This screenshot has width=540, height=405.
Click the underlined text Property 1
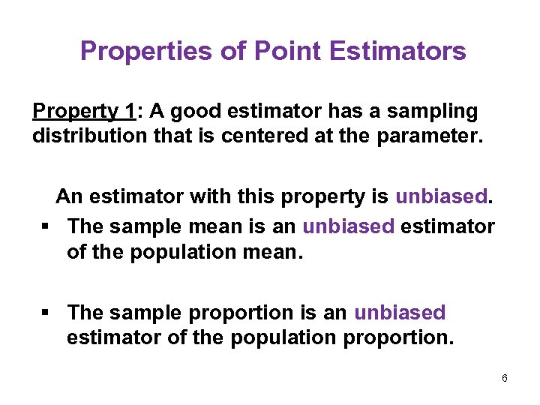point(83,112)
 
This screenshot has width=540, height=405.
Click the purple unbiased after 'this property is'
point(441,197)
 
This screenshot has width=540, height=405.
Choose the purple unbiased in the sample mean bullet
point(348,226)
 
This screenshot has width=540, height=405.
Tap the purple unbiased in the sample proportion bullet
point(400,312)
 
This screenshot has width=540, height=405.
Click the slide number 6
point(505,379)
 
